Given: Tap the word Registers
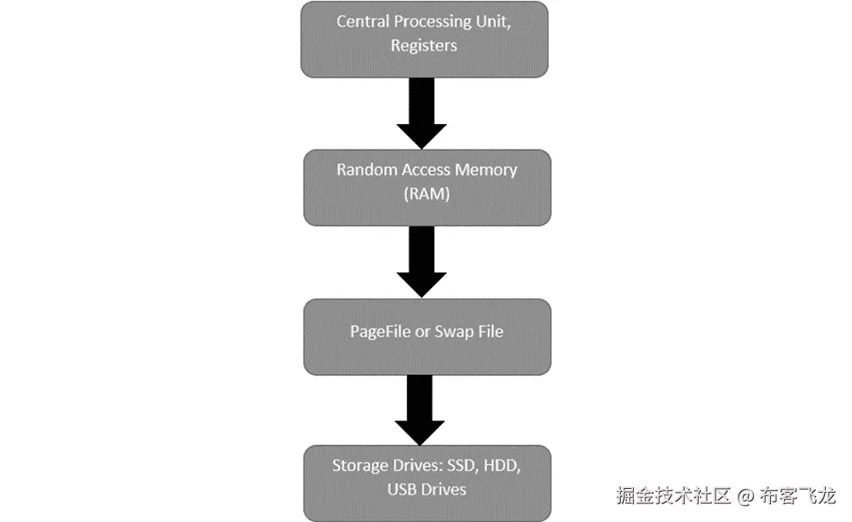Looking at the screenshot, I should pyautogui.click(x=424, y=45).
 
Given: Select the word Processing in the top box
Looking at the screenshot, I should pyautogui.click(x=435, y=21).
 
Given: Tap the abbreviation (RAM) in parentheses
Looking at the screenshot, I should pyautogui.click(x=426, y=194).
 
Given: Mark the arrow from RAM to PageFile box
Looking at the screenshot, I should pyautogui.click(x=421, y=262).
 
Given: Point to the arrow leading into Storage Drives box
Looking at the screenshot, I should pyautogui.click(x=421, y=410).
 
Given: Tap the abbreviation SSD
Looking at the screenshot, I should pyautogui.click(x=464, y=466).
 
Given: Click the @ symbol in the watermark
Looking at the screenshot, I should pyautogui.click(x=744, y=496).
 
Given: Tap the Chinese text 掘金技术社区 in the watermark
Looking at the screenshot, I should pyautogui.click(x=673, y=496).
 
